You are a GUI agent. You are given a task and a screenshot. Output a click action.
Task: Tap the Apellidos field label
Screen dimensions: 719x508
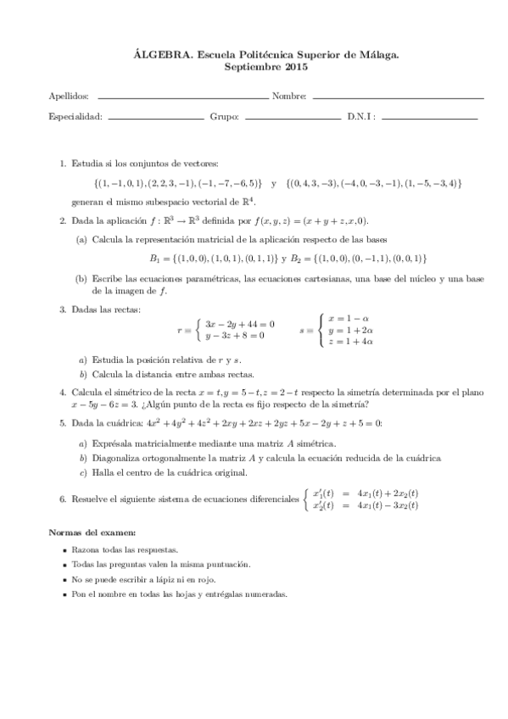69,97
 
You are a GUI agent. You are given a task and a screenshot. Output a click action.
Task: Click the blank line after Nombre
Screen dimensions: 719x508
398,98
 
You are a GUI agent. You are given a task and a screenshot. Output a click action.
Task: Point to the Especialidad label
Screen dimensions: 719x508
75,116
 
